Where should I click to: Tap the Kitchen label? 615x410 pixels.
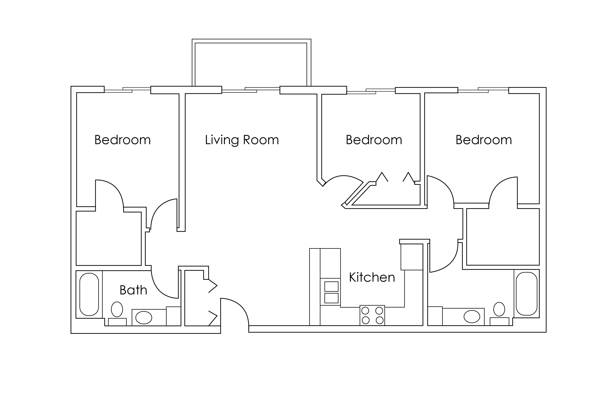point(372,277)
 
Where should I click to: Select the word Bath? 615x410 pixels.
point(133,290)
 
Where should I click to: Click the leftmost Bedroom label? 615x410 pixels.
point(123,140)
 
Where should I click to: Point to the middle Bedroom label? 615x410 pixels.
point(374,140)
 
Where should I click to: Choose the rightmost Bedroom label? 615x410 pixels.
point(484,140)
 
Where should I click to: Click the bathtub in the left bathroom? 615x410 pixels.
point(89,294)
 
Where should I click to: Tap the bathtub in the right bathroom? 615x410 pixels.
point(527,294)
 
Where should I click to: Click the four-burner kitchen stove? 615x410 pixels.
point(372,315)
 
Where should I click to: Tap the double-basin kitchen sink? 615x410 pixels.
point(331,292)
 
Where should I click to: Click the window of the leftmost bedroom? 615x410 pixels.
point(127,90)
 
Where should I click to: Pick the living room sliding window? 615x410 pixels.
point(251,90)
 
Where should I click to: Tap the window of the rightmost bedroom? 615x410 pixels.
point(483,90)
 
